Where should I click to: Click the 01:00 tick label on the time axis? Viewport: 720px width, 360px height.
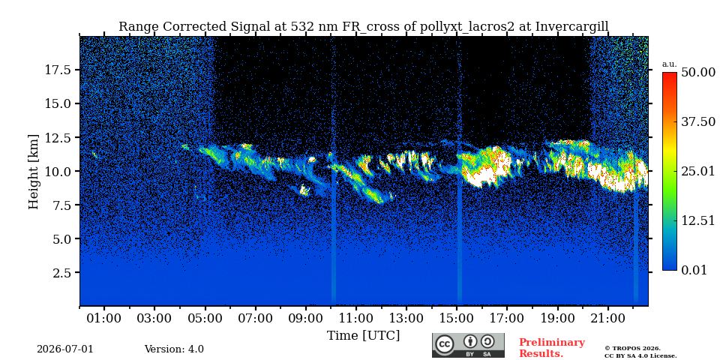(105, 318)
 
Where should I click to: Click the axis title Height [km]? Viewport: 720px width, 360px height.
(34, 171)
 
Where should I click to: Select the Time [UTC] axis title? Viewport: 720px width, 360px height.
(363, 336)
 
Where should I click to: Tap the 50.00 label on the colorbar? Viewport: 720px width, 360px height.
(698, 73)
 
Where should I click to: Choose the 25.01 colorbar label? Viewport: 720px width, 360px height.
(698, 171)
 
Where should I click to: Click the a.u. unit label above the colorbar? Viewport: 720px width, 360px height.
(670, 64)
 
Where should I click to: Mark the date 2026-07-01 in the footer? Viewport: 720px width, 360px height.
(65, 349)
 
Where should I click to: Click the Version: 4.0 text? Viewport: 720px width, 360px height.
(174, 349)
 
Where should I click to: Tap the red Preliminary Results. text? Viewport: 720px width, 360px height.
(552, 348)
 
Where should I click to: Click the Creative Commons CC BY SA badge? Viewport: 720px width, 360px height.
(468, 345)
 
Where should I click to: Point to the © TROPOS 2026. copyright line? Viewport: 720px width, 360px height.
(632, 349)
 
